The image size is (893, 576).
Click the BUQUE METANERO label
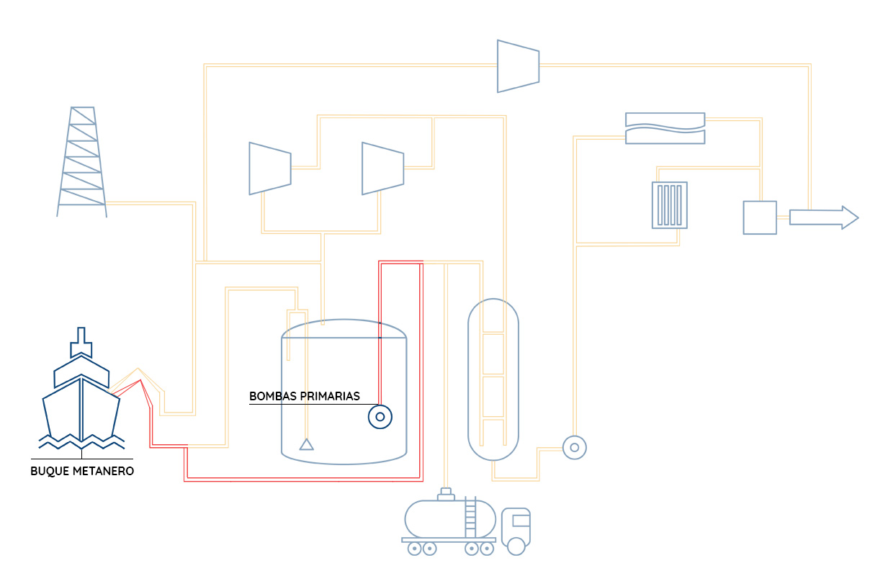click(82, 472)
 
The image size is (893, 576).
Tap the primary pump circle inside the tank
click(380, 417)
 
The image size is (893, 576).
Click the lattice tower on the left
click(82, 162)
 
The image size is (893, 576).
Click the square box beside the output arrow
click(760, 217)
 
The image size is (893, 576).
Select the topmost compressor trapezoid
click(518, 66)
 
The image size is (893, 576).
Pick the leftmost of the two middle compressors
click(269, 168)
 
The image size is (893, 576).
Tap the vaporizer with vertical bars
click(670, 205)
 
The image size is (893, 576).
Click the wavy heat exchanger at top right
click(665, 128)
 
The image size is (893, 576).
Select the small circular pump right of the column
click(574, 448)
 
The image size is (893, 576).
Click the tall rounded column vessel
click(493, 379)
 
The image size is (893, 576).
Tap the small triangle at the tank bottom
click(307, 444)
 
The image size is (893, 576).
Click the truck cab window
click(521, 520)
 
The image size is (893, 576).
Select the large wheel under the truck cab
click(516, 546)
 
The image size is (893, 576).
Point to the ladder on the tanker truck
click(471, 517)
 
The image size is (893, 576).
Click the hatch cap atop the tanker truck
click(447, 493)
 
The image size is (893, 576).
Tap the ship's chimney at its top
click(81, 341)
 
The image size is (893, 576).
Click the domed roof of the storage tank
click(344, 328)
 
